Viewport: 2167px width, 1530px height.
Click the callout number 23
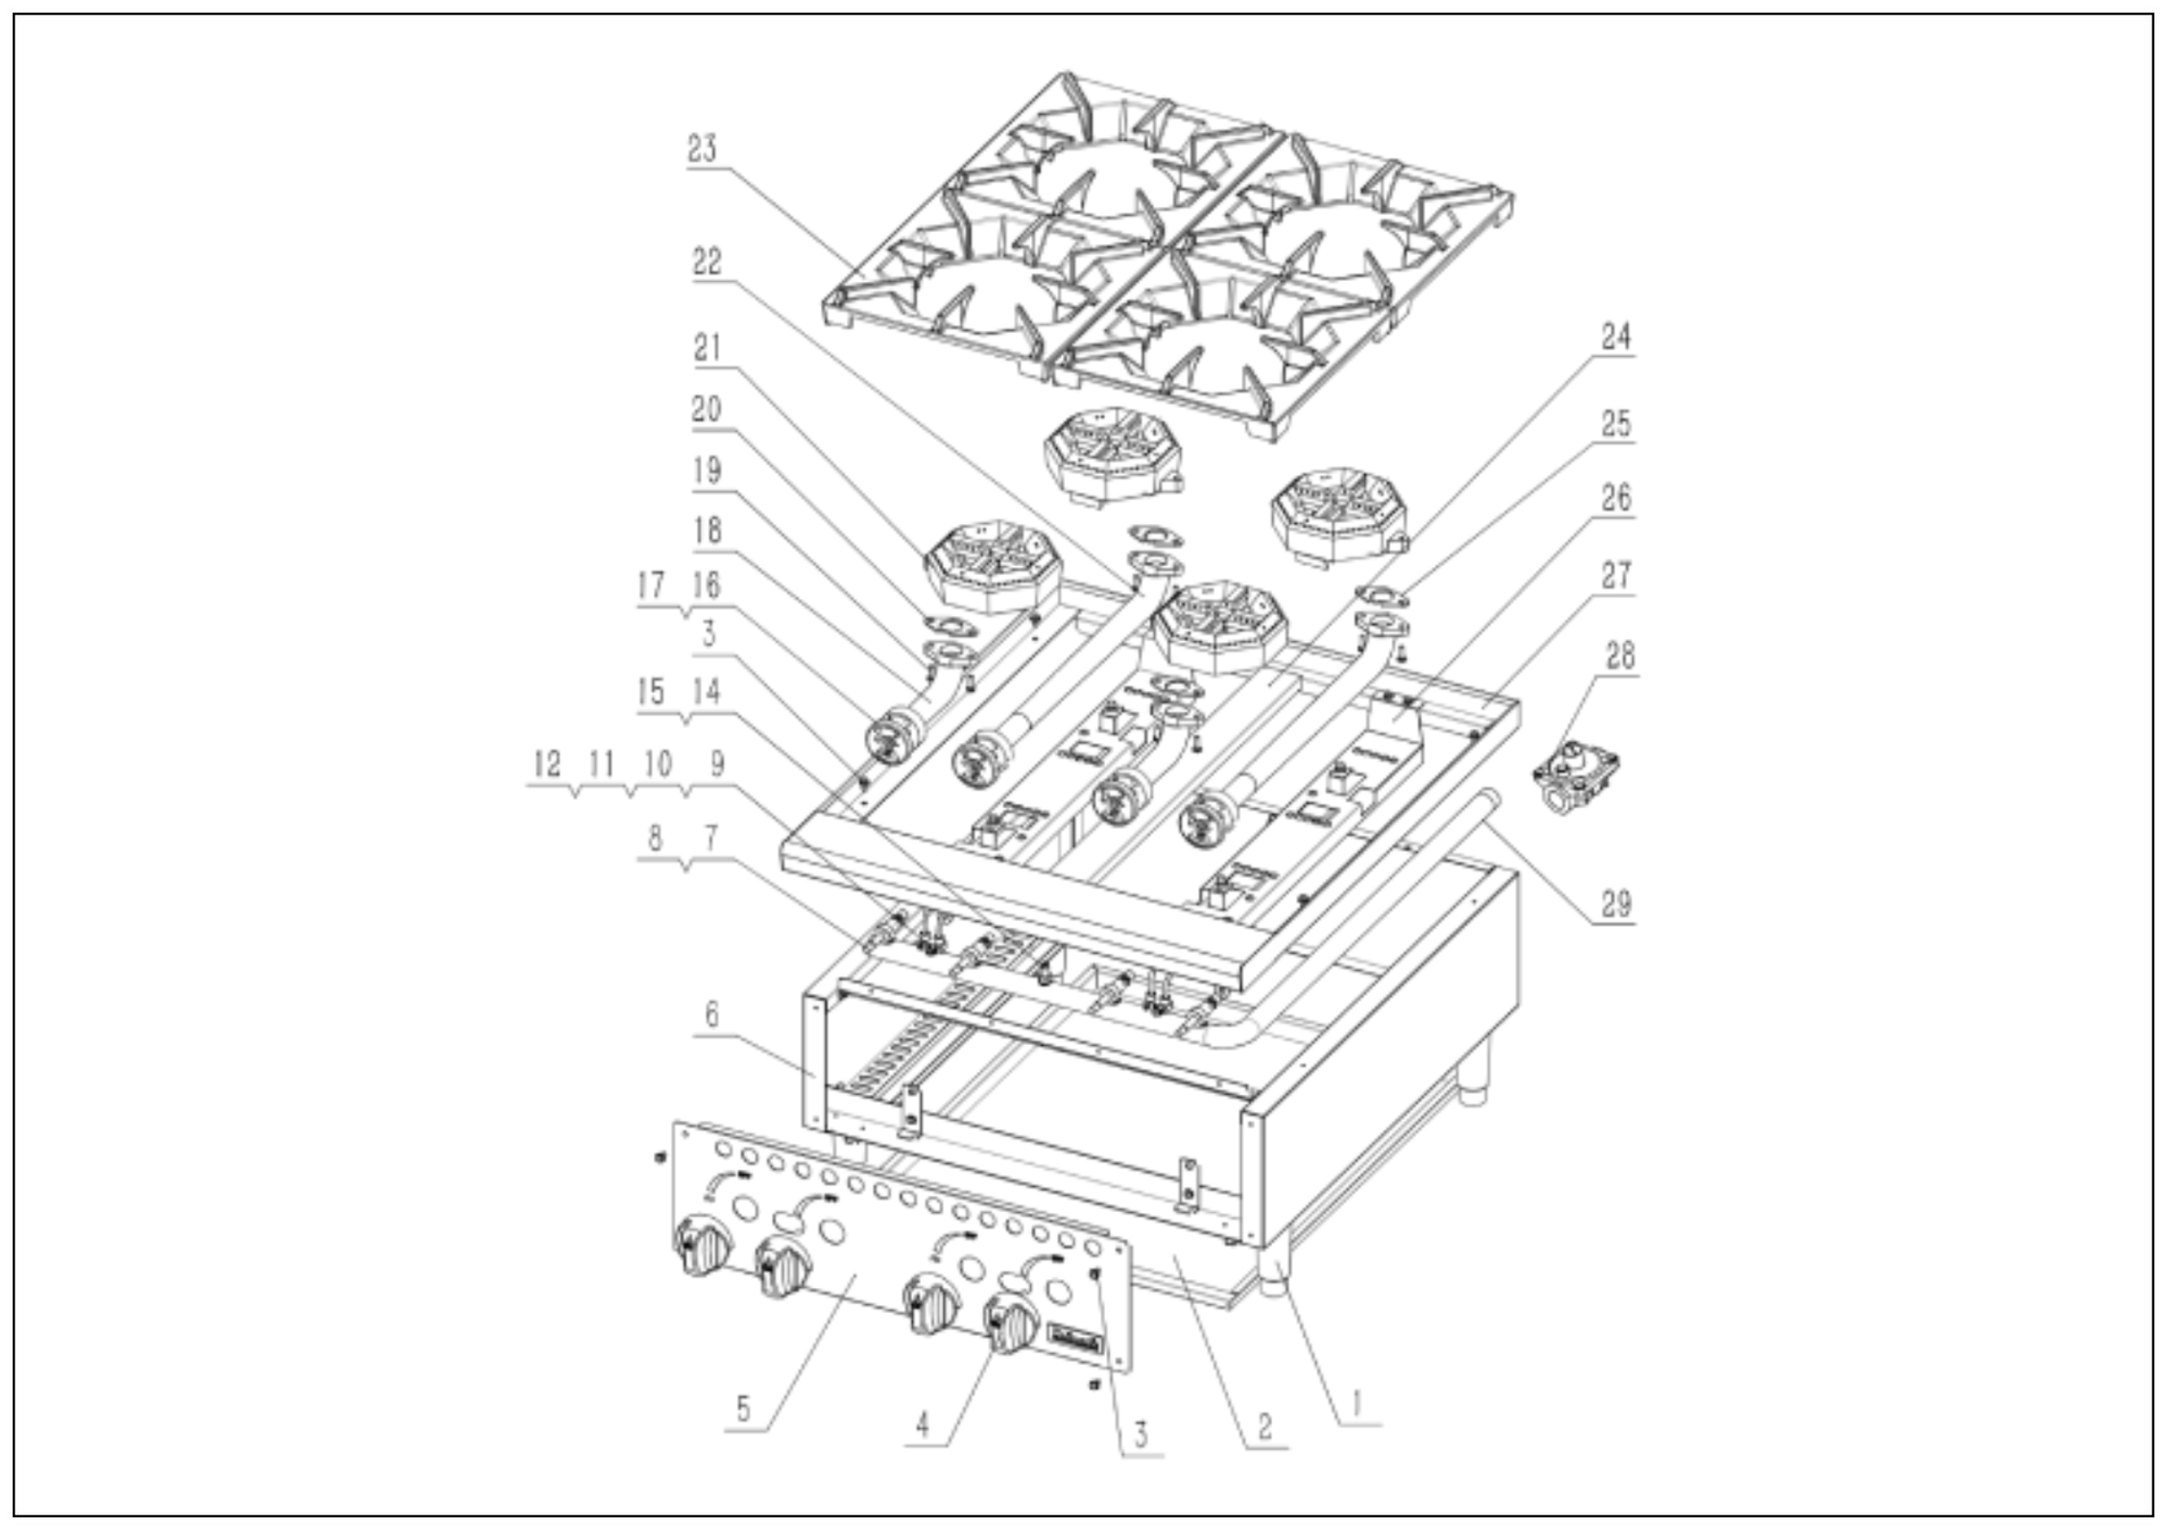pos(702,149)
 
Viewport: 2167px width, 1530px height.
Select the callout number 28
pos(1620,655)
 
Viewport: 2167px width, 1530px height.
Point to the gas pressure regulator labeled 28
pos(1576,777)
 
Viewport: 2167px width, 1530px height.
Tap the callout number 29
pos(1616,903)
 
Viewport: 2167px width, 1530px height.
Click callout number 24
pos(1616,336)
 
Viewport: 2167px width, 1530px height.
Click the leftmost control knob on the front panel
pos(702,1246)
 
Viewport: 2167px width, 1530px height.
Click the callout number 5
pos(743,1410)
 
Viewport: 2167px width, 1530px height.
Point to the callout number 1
pos(1356,1404)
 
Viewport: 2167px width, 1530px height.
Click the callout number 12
pos(546,763)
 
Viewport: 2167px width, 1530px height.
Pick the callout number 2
pos(1265,1426)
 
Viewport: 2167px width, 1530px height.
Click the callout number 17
pos(650,585)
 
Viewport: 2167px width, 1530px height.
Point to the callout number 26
pos(1616,497)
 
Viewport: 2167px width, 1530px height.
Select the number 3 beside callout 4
pos(1140,1434)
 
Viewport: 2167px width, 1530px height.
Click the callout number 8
pos(655,838)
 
